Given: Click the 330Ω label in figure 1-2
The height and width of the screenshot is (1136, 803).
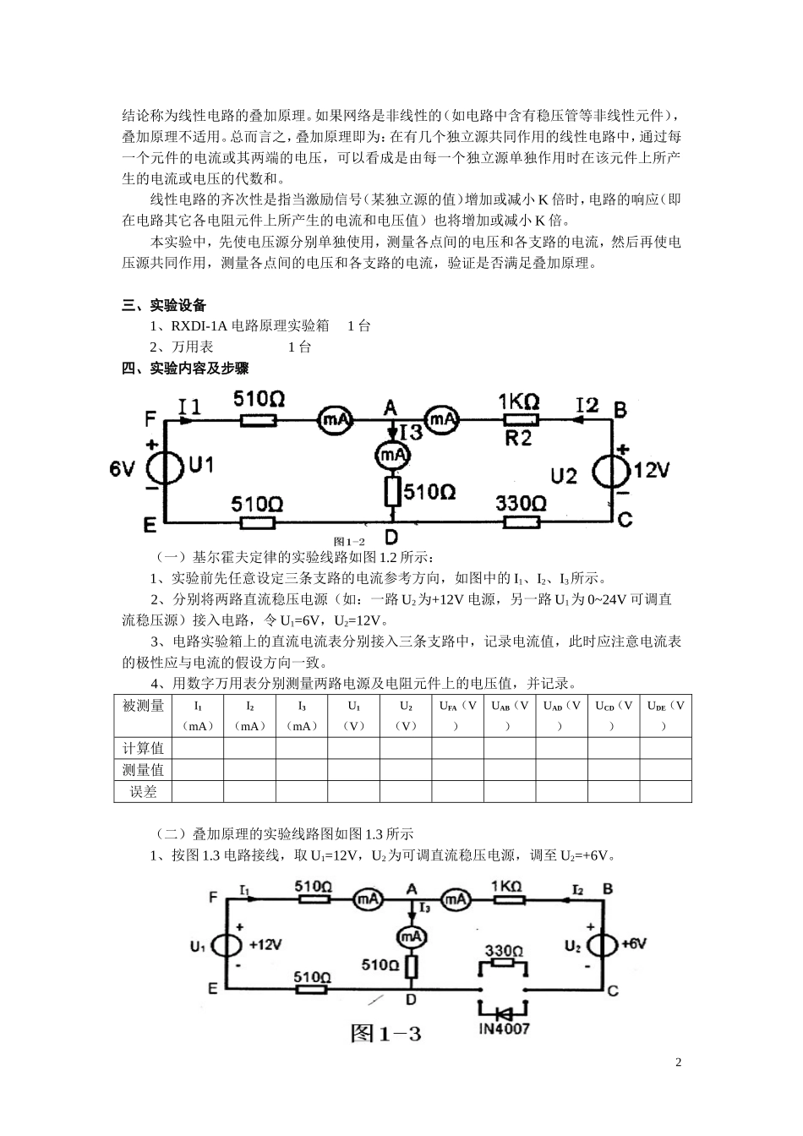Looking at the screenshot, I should (521, 504).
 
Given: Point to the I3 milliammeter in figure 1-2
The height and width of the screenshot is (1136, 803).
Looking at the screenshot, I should (391, 455).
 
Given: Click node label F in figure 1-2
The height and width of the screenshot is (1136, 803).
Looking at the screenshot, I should (150, 418).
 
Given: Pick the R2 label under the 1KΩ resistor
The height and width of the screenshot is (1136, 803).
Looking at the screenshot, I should (518, 437).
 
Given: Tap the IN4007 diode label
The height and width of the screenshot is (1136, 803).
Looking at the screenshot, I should (504, 1029).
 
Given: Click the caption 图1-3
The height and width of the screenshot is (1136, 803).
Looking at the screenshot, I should (385, 1033).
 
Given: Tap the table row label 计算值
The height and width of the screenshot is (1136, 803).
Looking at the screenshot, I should (143, 748).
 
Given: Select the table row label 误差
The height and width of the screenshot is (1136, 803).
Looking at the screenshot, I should (143, 792).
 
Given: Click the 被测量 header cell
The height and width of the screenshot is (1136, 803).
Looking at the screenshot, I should (143, 706).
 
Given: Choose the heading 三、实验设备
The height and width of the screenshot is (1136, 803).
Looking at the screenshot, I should (164, 305).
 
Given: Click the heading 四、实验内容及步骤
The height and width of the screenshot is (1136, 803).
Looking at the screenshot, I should (185, 368).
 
